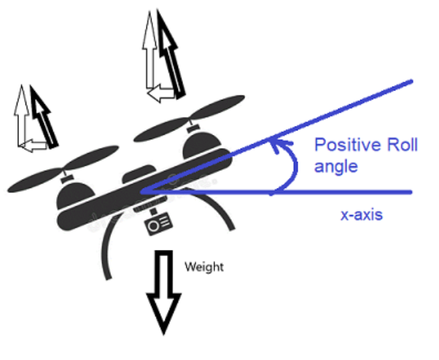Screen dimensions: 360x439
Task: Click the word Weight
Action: tap(204, 267)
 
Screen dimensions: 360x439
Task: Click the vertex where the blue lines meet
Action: tap(144, 192)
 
